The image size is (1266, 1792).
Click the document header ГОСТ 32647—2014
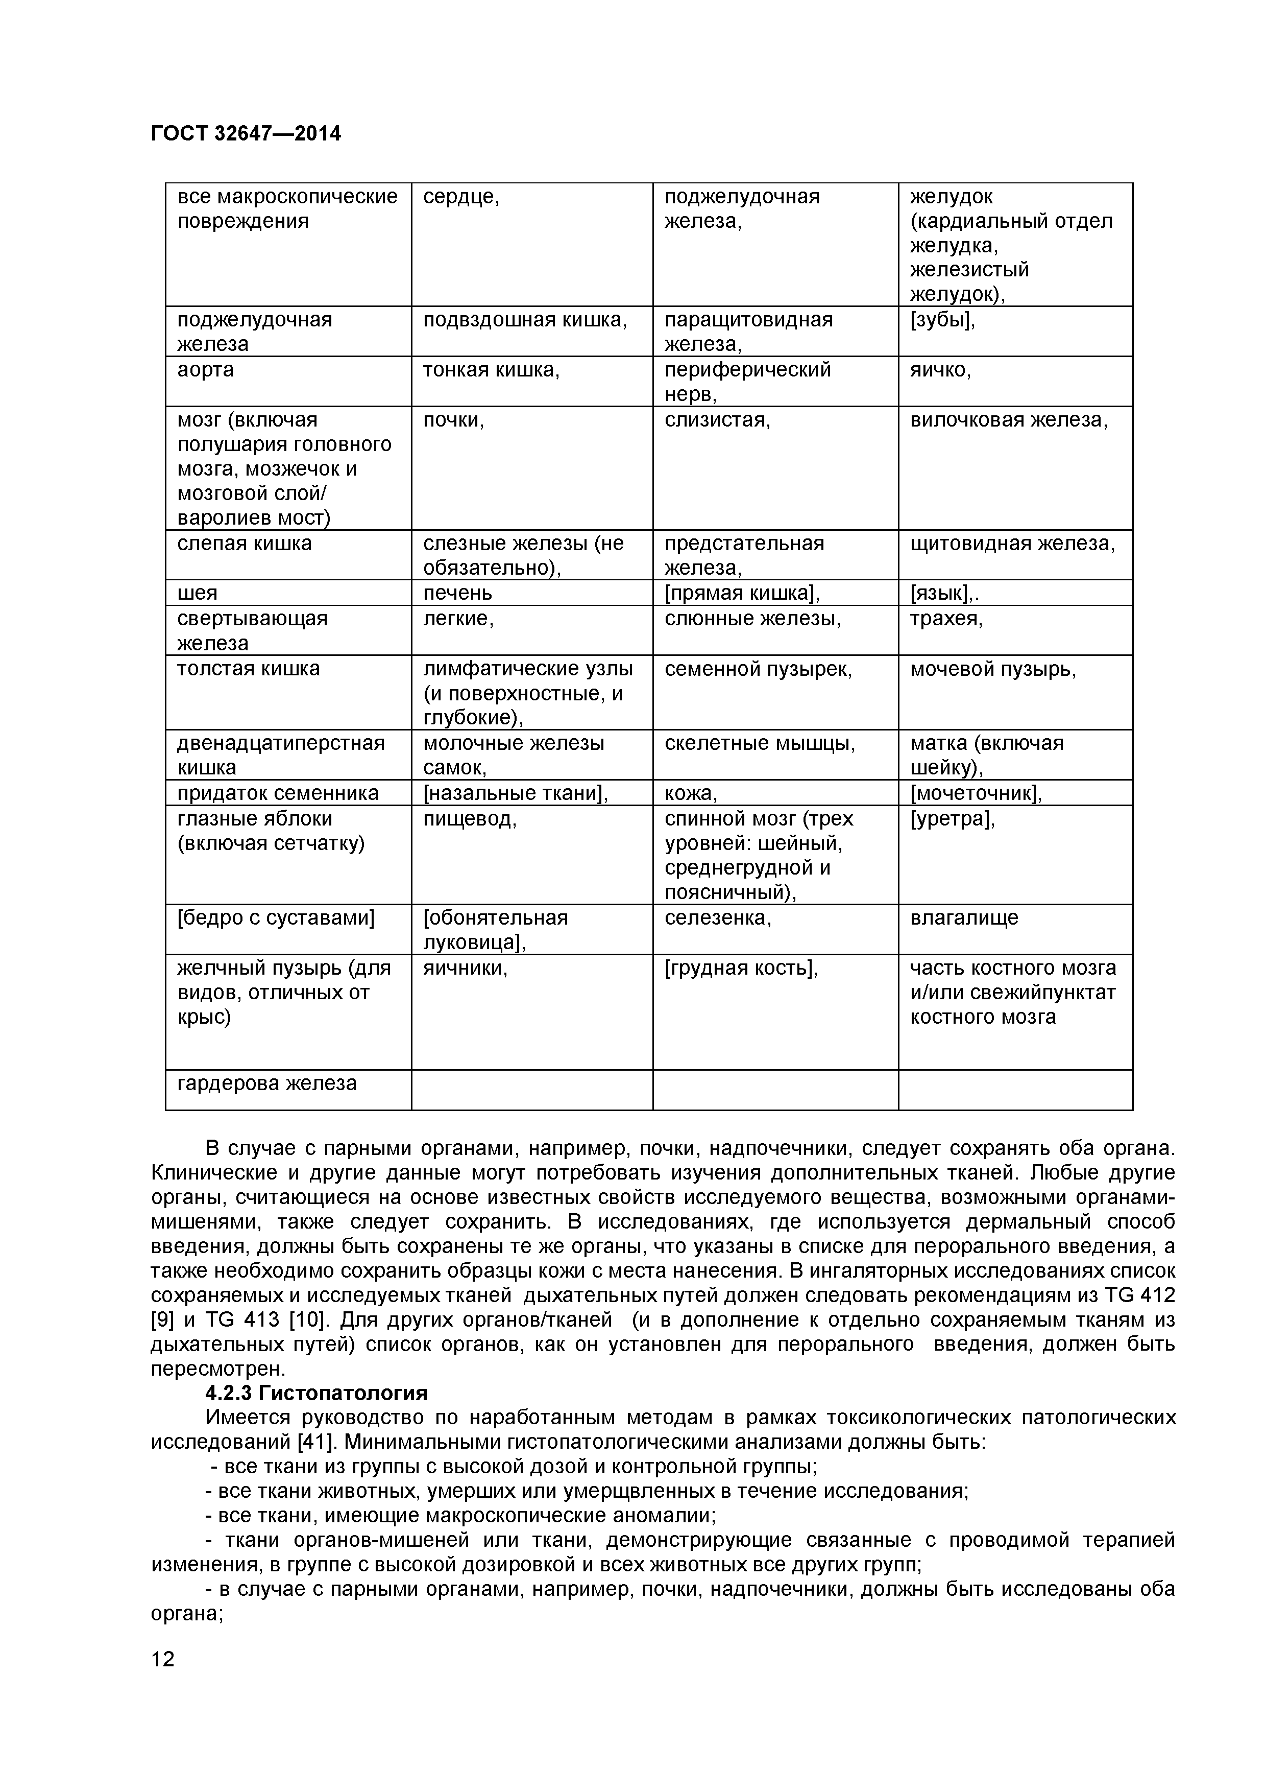pyautogui.click(x=245, y=133)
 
